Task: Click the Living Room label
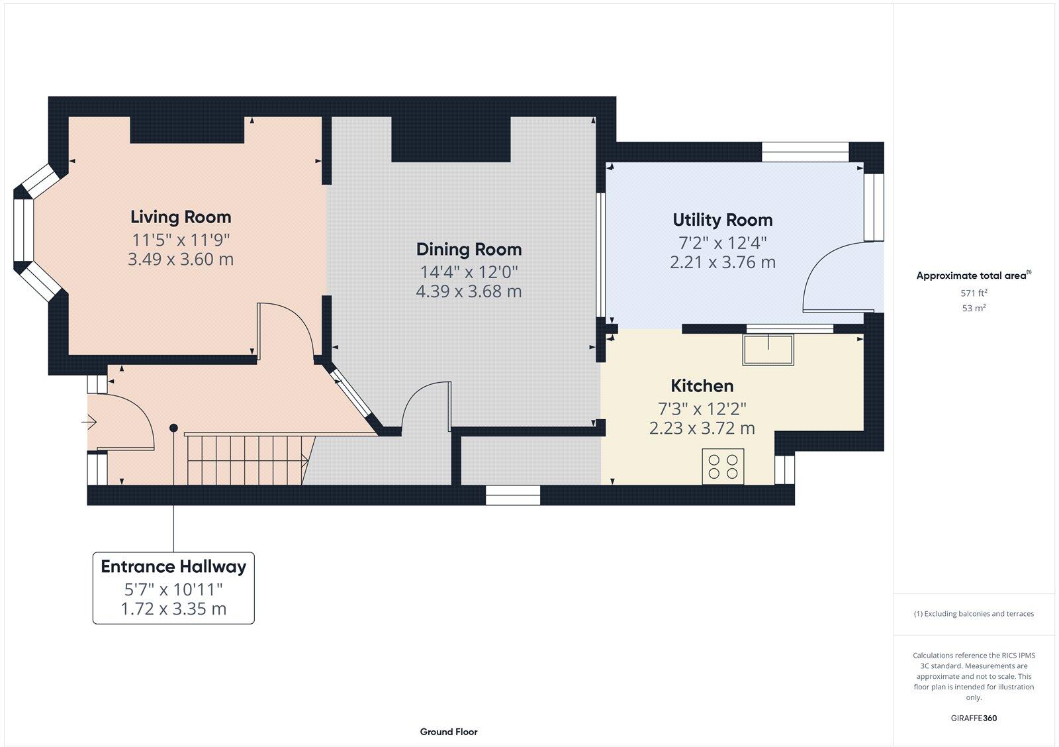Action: coord(180,217)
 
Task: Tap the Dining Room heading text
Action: coord(469,250)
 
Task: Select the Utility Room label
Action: coord(722,220)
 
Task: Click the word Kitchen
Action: coord(702,386)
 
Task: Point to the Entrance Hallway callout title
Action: coord(173,567)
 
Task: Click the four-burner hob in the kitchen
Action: coord(723,464)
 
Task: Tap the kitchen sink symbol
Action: coord(768,350)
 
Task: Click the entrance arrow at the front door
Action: coord(89,421)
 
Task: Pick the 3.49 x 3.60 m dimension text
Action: coord(180,260)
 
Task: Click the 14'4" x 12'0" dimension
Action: coord(469,272)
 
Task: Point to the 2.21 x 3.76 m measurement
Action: coord(722,263)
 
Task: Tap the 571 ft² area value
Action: coord(974,293)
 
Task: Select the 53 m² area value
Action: coord(974,308)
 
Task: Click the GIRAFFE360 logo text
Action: coord(974,718)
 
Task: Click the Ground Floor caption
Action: coord(448,732)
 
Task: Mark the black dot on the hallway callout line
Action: coord(173,428)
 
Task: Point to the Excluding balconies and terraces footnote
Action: coord(974,614)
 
